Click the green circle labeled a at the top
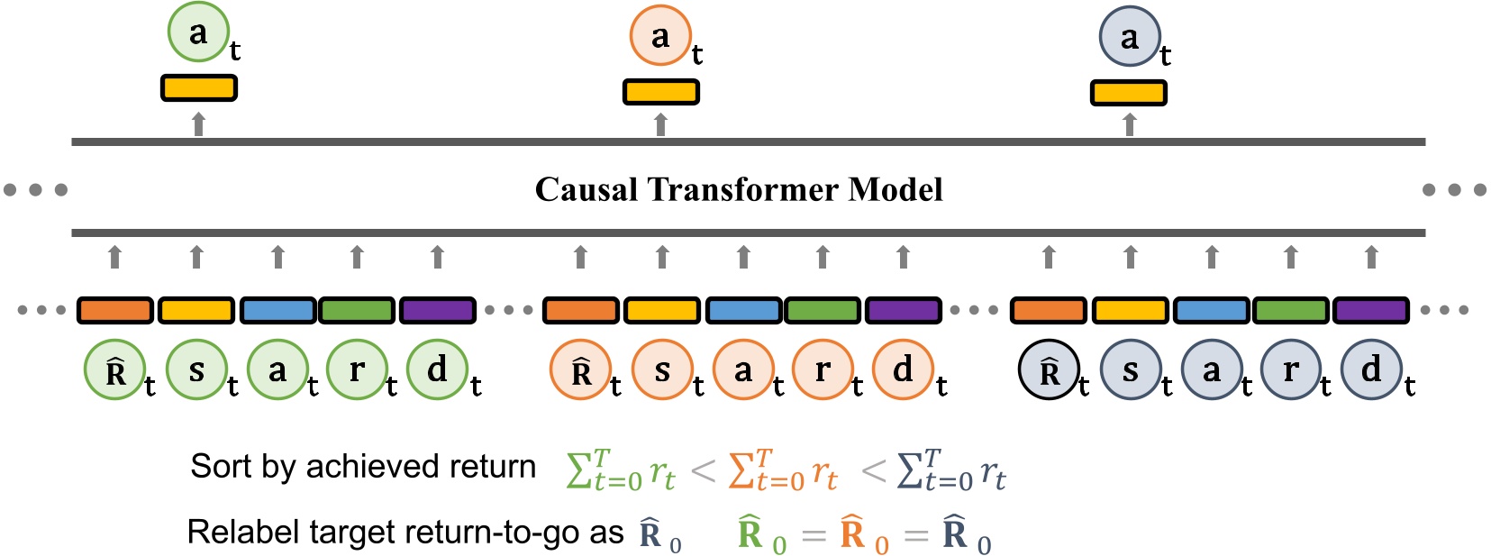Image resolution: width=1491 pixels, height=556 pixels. (198, 32)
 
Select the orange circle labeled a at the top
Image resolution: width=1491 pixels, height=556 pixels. (660, 36)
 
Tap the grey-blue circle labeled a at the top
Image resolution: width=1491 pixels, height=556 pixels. (1129, 37)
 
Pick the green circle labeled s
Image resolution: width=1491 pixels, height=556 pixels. (196, 370)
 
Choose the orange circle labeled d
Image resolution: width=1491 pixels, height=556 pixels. (903, 370)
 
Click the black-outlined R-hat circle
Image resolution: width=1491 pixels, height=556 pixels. (1049, 371)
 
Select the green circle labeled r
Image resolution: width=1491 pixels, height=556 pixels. (357, 370)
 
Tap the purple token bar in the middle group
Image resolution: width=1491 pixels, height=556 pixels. (903, 311)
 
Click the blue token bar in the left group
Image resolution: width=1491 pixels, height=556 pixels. (277, 311)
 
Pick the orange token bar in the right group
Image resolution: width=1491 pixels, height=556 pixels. (1049, 311)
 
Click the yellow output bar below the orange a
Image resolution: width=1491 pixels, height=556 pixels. (660, 92)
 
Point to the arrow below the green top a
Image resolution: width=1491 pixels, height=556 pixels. (199, 124)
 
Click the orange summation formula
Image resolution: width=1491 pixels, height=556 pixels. (782, 470)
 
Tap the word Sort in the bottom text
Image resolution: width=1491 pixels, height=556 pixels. (222, 467)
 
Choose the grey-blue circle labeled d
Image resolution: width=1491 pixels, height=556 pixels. (1371, 370)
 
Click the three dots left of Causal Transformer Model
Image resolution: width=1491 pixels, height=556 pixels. (36, 190)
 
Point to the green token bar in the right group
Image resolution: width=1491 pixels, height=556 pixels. (1290, 311)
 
